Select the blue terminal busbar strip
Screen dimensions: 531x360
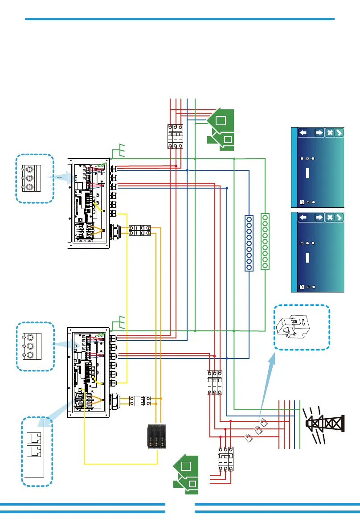pyautogui.click(x=250, y=243)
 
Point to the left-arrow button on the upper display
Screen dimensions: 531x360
pyautogui.click(x=303, y=132)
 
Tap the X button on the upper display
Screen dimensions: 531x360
pyautogui.click(x=330, y=132)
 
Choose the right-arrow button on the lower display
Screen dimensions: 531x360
pyautogui.click(x=319, y=217)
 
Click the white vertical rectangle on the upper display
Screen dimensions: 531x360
pyautogui.click(x=307, y=173)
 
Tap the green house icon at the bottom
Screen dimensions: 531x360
pyautogui.click(x=187, y=477)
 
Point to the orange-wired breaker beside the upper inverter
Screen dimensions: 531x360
pyautogui.click(x=140, y=230)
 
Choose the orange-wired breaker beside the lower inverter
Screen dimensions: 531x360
pyautogui.click(x=140, y=401)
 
